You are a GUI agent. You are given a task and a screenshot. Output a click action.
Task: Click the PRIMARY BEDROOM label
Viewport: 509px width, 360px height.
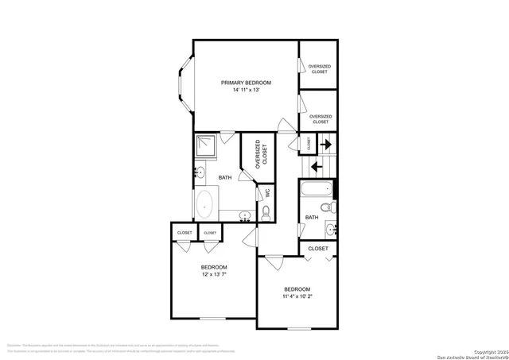pos(246,83)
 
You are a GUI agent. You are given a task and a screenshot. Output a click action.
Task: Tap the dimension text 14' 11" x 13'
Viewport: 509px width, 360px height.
pos(246,91)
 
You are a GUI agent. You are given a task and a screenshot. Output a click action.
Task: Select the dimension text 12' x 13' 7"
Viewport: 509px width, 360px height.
pos(214,275)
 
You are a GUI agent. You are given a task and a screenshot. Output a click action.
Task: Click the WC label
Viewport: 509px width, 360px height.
pos(267,192)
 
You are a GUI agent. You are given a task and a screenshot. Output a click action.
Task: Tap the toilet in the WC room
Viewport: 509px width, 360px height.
pos(266,212)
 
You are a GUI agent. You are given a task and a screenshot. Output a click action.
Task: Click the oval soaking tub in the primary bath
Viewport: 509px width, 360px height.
pos(206,204)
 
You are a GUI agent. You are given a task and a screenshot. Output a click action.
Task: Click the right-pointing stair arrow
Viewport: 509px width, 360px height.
pos(325,144)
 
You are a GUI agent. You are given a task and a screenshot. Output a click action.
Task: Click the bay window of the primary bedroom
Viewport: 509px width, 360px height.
pos(182,83)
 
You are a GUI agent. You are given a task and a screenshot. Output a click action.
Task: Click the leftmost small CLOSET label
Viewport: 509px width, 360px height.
pos(185,233)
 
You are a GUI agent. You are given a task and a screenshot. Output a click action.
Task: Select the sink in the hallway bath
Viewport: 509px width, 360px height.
pos(331,230)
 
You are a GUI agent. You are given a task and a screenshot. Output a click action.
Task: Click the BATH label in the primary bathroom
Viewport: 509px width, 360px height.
pos(225,177)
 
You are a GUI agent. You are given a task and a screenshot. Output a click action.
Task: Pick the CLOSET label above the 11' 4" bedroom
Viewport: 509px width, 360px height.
pos(318,249)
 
